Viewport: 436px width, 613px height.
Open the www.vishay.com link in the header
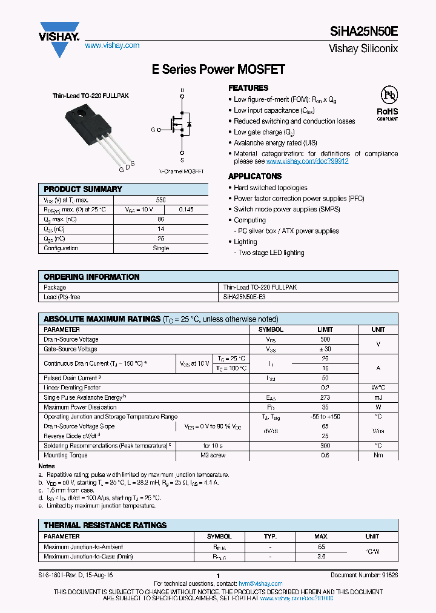coord(112,45)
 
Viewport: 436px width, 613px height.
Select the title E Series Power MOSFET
coord(218,70)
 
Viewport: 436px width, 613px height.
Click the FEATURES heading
coord(248,88)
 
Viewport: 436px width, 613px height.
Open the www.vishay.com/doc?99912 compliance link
coord(307,161)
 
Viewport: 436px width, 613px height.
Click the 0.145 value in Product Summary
coord(186,210)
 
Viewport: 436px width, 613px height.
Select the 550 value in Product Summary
coord(160,199)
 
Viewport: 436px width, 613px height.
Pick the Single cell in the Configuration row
coord(160,248)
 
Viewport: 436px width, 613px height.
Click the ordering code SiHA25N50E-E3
coord(245,297)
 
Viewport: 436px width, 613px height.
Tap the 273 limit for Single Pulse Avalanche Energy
coord(325,397)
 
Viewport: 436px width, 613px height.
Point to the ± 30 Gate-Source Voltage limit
coord(325,350)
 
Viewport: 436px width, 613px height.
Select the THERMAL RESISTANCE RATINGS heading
coord(105,525)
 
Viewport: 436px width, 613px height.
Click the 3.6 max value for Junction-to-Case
coord(322,557)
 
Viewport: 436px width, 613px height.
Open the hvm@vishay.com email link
coord(261,583)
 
